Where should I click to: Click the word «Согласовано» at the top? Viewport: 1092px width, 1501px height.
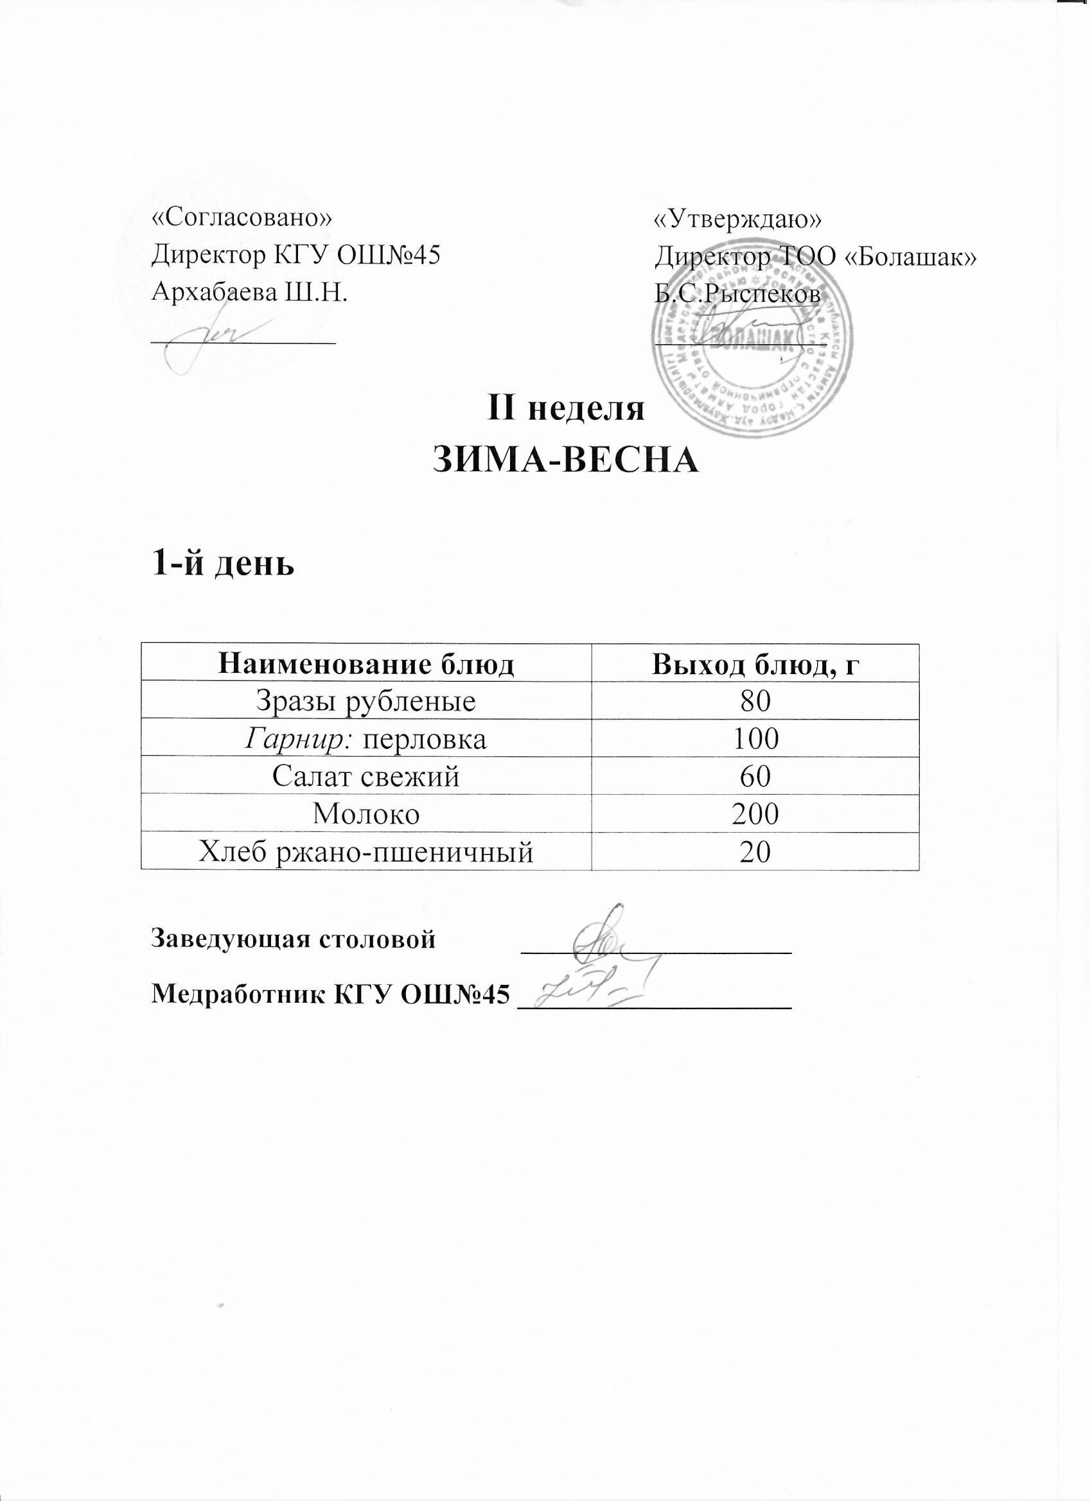click(x=242, y=218)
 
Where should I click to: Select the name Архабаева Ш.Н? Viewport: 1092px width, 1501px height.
click(x=250, y=291)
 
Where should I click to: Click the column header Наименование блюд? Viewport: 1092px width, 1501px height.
click(x=366, y=664)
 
